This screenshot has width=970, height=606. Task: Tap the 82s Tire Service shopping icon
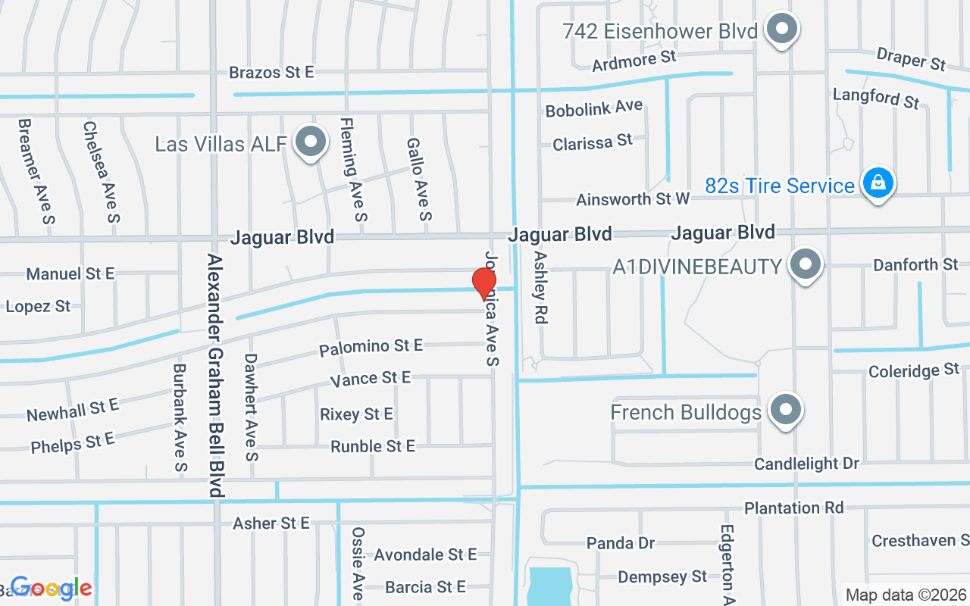tap(878, 184)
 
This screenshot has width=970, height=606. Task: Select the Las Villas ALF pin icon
tap(309, 142)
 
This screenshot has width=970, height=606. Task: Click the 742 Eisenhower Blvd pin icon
tap(782, 30)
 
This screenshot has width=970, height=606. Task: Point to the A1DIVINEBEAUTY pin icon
tap(805, 265)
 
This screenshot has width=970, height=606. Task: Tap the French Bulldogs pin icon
tap(786, 411)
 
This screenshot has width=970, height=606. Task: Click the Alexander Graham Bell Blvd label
tap(215, 375)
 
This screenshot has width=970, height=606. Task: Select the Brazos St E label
tap(271, 73)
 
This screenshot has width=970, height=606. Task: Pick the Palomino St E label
tap(371, 347)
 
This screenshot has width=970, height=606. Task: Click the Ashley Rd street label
tap(540, 288)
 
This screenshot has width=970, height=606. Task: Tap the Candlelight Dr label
tap(806, 463)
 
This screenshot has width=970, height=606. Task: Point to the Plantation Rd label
tap(793, 508)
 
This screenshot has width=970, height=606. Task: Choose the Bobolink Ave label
tap(594, 108)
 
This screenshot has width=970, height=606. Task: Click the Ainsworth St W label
tap(633, 199)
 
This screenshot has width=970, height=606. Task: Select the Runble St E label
tap(373, 446)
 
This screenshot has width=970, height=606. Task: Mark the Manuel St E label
tap(70, 273)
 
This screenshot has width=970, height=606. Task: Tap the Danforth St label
tap(915, 265)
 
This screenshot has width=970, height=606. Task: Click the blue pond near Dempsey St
tap(549, 585)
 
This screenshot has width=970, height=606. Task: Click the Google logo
tap(52, 589)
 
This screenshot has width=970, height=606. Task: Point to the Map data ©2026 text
tap(906, 595)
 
